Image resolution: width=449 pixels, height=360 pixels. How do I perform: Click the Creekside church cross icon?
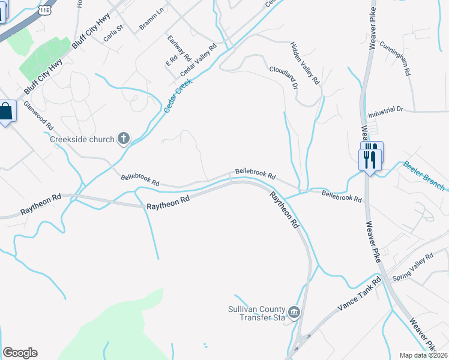click(x=124, y=139)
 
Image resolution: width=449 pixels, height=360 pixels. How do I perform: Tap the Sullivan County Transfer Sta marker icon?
click(x=294, y=312)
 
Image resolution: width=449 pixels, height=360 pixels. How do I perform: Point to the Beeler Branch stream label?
click(x=424, y=175)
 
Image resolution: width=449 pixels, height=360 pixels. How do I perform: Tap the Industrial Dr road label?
click(x=385, y=110)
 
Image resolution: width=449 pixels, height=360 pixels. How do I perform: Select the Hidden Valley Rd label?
click(x=306, y=63)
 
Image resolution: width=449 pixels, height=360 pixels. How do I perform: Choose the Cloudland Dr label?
click(x=283, y=77)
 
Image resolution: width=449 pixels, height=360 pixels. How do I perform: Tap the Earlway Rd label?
click(x=179, y=49)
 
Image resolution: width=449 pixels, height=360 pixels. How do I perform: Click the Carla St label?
click(x=113, y=31)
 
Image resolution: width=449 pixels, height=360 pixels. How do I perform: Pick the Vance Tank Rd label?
click(x=359, y=295)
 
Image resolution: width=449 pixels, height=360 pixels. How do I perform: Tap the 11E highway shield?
click(x=45, y=10)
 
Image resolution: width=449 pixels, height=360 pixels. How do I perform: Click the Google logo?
click(x=20, y=353)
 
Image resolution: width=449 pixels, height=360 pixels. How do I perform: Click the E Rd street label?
click(x=172, y=61)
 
